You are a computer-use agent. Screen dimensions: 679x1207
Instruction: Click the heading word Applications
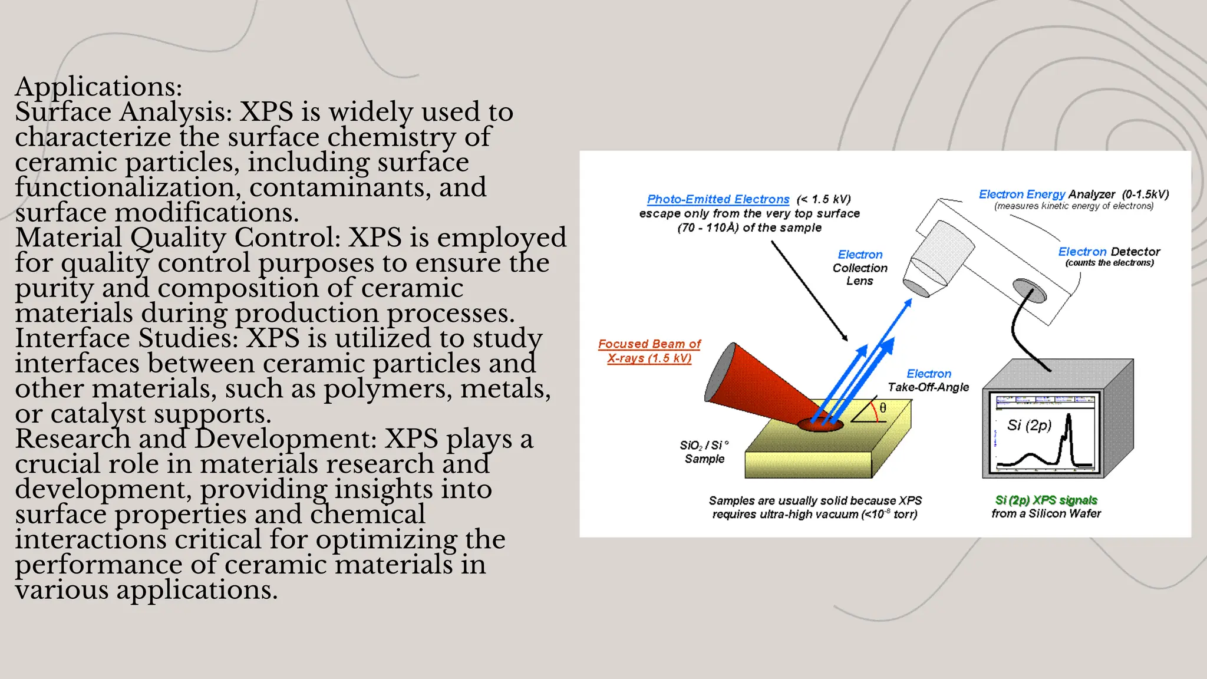[x=98, y=87]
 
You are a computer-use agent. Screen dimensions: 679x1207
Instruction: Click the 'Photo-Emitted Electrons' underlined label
[x=718, y=199]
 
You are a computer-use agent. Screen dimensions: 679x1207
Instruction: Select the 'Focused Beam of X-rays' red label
[x=649, y=351]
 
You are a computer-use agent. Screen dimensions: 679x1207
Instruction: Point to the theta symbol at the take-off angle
[x=883, y=408]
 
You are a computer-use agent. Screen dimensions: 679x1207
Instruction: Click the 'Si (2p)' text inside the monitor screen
[x=1029, y=425]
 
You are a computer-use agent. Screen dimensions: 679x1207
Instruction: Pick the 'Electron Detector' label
[x=1109, y=252]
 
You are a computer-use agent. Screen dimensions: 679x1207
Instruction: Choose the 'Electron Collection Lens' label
[x=860, y=268]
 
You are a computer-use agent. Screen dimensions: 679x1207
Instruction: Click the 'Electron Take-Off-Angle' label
[x=928, y=380]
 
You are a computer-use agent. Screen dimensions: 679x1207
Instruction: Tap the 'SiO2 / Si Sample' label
[x=704, y=452]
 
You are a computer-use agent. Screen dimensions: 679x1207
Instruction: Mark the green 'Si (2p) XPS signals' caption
[x=1046, y=500]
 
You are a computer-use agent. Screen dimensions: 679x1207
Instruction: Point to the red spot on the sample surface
[x=820, y=425]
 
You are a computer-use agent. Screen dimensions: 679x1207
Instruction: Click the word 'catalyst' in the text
[x=98, y=414]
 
